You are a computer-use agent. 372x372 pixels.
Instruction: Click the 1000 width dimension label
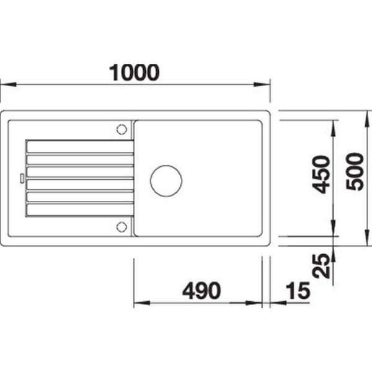(x=134, y=73)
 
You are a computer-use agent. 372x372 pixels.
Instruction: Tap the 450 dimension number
(x=321, y=175)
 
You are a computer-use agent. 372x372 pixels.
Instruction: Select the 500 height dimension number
(x=355, y=172)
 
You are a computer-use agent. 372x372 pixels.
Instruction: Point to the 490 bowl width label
(x=201, y=291)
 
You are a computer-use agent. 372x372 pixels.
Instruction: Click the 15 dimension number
(x=298, y=291)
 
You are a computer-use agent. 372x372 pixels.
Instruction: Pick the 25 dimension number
(x=321, y=266)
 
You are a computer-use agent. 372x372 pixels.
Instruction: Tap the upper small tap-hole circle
(x=122, y=130)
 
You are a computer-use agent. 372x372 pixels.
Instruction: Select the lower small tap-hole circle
(x=122, y=227)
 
